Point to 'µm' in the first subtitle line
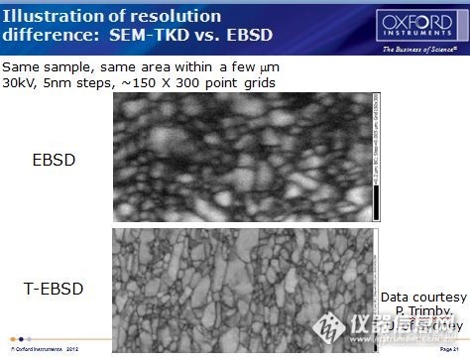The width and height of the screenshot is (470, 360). [x=262, y=66]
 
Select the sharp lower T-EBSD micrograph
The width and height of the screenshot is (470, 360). [x=238, y=288]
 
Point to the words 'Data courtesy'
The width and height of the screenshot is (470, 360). [x=423, y=298]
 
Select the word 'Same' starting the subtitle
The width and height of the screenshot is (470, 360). [x=21, y=66]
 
